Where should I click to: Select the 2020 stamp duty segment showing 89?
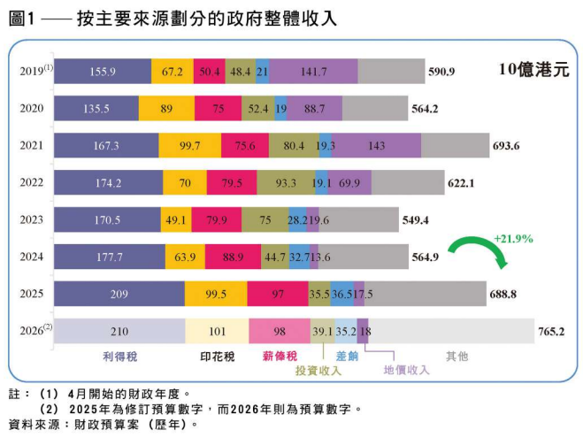(166, 109)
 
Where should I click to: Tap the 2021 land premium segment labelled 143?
(377, 146)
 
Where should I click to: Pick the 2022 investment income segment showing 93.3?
(286, 182)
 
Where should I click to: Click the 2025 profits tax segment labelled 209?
(119, 293)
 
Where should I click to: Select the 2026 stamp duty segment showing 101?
(217, 331)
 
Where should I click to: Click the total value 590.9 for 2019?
(441, 72)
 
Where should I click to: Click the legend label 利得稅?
(119, 356)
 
